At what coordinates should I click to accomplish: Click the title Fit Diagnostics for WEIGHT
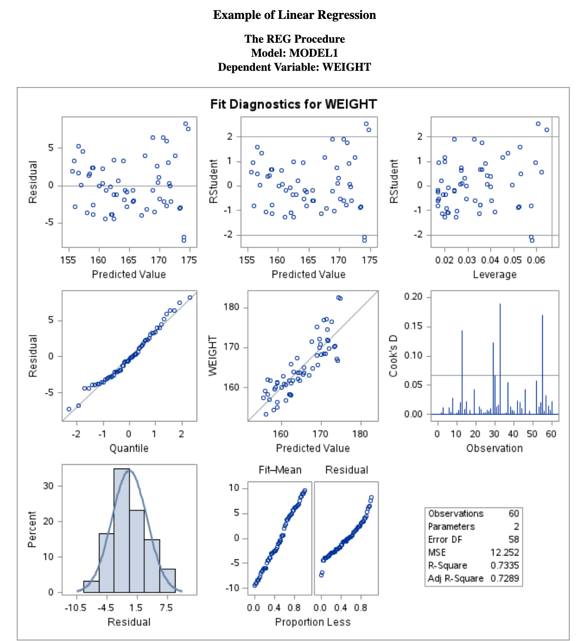[x=293, y=104]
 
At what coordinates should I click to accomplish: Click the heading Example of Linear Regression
[x=294, y=15]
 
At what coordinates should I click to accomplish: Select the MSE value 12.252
[x=504, y=552]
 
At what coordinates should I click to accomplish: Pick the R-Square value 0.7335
[x=504, y=565]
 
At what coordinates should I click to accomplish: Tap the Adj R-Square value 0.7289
[x=504, y=578]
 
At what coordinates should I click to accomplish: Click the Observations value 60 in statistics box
[x=514, y=513]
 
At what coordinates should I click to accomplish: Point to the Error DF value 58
[x=514, y=539]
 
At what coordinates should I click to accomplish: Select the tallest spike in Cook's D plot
[x=500, y=359]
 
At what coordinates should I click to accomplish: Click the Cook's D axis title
[x=394, y=356]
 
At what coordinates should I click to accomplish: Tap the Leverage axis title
[x=495, y=275]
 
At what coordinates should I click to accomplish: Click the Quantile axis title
[x=129, y=448]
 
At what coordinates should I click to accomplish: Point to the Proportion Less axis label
[x=313, y=622]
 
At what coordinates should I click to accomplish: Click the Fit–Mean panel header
[x=280, y=470]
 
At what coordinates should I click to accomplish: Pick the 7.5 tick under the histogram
[x=166, y=607]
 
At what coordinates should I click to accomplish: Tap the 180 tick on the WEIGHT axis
[x=232, y=308]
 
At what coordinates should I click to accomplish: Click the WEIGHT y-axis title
[x=213, y=356]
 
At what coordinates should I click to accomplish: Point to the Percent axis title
[x=32, y=530]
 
